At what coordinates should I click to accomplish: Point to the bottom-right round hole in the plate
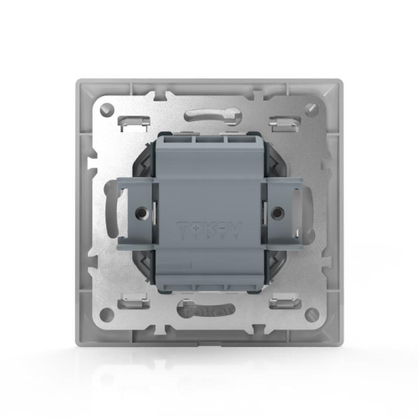(312, 315)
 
